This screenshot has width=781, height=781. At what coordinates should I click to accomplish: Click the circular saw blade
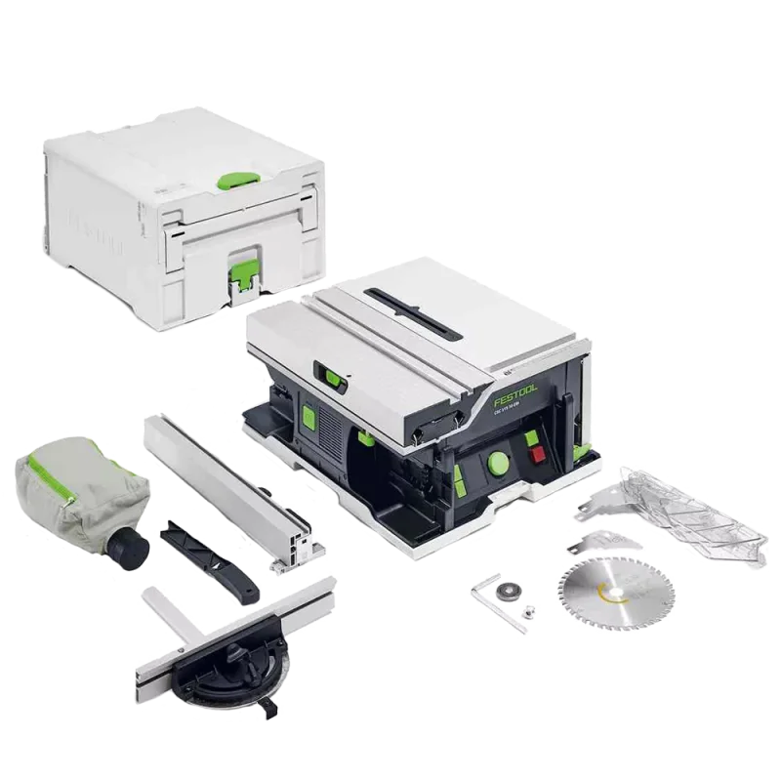click(605, 587)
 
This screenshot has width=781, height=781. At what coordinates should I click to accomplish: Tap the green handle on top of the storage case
click(252, 179)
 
